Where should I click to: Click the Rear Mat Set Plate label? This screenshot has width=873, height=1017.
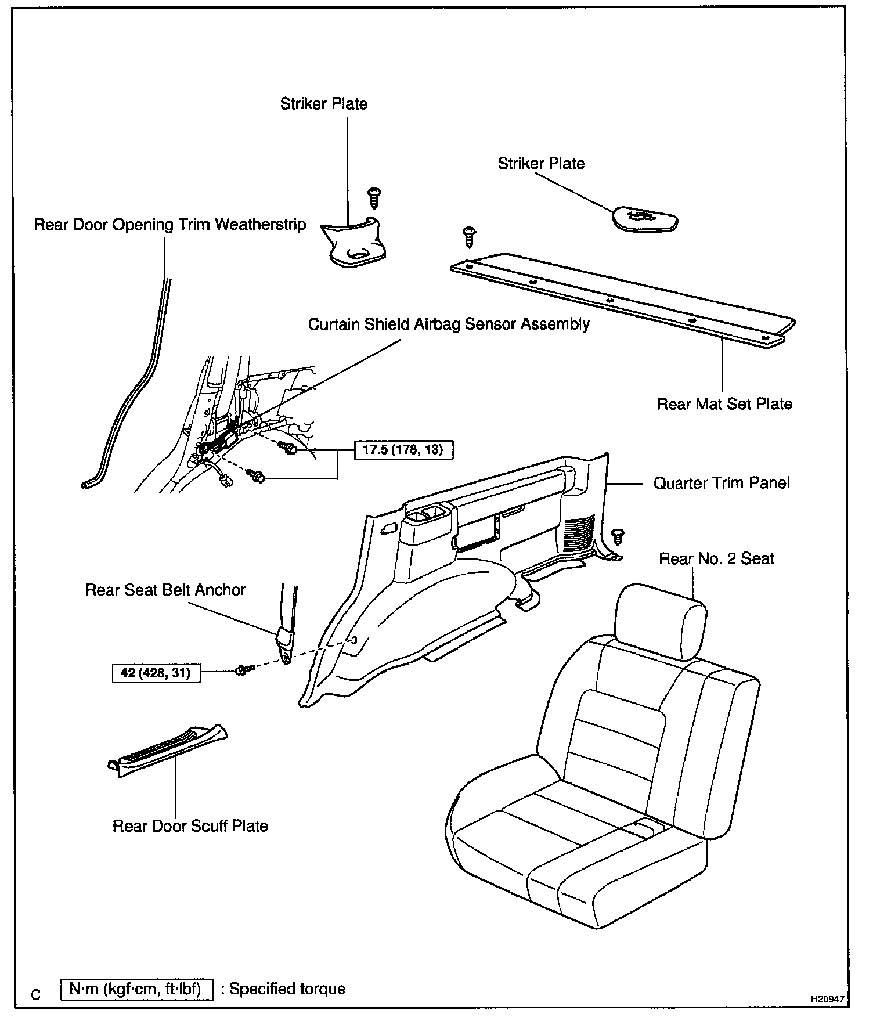[x=724, y=404]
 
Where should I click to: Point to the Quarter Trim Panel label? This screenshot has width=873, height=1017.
[x=722, y=483]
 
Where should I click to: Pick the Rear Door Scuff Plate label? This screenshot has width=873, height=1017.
[x=190, y=826]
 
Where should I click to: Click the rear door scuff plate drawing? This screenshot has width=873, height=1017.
[x=168, y=749]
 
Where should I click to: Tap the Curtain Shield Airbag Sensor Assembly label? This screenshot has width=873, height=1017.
[x=449, y=324]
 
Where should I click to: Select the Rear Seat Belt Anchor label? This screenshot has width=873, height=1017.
[x=165, y=590]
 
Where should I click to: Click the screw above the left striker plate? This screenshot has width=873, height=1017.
[x=374, y=198]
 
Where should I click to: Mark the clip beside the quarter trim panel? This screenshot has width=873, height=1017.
[x=618, y=536]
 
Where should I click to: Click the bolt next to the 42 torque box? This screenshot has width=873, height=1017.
[x=243, y=670]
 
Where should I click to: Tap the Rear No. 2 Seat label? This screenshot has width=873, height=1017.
[x=716, y=558]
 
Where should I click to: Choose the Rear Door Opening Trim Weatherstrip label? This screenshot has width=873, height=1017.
[x=169, y=225]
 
